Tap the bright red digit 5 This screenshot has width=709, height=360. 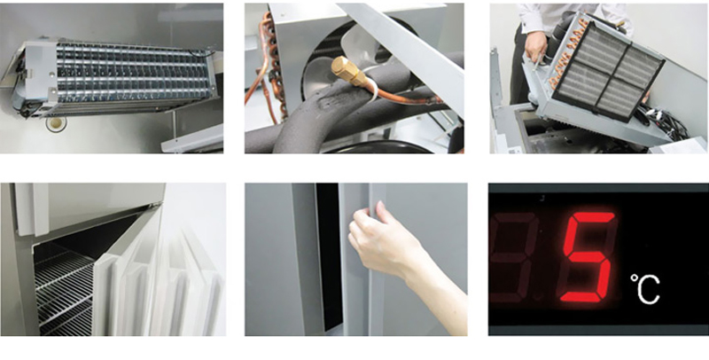click(x=588, y=256)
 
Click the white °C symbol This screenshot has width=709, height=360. click(x=645, y=288)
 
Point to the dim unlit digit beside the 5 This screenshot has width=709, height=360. click(x=516, y=256)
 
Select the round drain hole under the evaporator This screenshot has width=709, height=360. click(x=56, y=123)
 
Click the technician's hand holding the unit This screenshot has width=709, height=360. click(x=536, y=45)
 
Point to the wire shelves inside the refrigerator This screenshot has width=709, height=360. click(x=64, y=289)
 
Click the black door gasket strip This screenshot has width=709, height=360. click(x=328, y=256)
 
